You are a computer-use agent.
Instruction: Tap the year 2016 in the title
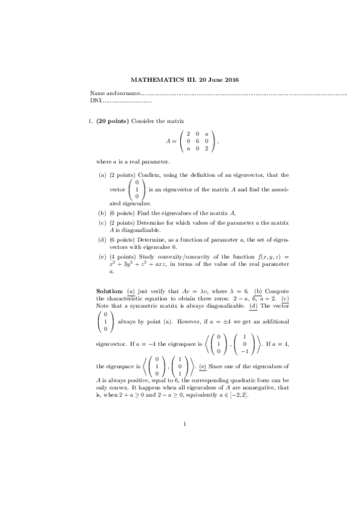pos(230,80)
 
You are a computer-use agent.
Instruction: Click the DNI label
pos(95,100)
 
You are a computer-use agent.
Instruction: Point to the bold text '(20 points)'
pos(112,121)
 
